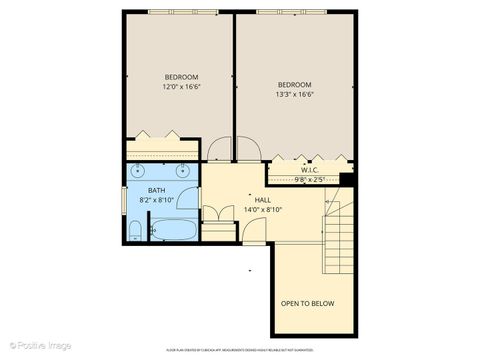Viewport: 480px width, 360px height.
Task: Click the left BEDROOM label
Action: tap(181, 77)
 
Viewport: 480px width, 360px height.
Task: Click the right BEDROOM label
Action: tap(295, 84)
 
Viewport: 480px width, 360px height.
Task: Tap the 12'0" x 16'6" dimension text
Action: tap(181, 88)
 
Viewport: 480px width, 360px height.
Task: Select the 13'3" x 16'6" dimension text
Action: tap(295, 95)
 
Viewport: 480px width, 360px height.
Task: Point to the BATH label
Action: tap(157, 190)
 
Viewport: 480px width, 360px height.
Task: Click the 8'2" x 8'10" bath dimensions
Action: tap(157, 200)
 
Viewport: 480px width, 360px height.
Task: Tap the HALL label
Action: tap(263, 200)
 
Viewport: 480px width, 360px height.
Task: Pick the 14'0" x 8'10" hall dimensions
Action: tap(263, 210)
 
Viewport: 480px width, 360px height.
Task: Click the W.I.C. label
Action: tap(309, 171)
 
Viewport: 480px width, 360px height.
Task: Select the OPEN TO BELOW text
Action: tap(307, 304)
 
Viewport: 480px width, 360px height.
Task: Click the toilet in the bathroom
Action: tap(135, 232)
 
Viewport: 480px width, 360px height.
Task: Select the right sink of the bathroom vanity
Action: tap(184, 170)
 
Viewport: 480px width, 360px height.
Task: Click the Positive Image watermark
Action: tap(37, 345)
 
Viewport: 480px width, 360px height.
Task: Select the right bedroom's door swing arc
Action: tap(250, 150)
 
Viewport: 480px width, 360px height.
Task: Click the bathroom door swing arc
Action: tap(214, 215)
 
